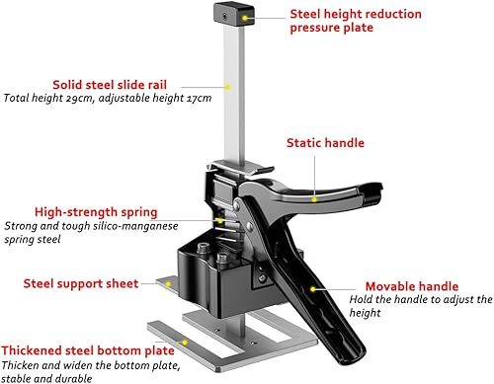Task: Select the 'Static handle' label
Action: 324,143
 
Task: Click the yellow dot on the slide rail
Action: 229,87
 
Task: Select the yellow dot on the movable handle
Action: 313,289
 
